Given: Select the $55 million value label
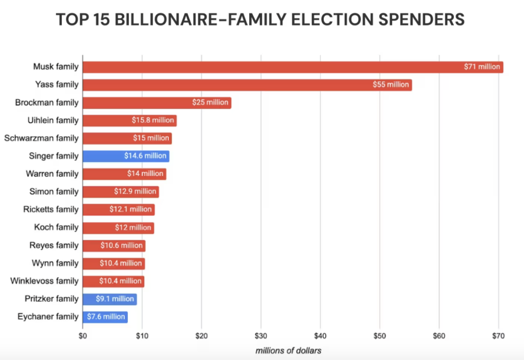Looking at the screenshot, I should [x=391, y=84].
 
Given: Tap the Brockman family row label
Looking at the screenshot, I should [x=47, y=102].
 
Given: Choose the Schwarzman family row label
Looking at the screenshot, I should [x=41, y=138].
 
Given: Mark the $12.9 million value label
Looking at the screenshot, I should [x=135, y=192].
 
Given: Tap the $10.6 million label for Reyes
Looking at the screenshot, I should [x=122, y=245].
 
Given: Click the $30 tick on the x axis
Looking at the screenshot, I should [x=261, y=336].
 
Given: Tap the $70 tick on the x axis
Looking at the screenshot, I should [x=498, y=336].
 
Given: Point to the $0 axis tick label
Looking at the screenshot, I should [x=83, y=336].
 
